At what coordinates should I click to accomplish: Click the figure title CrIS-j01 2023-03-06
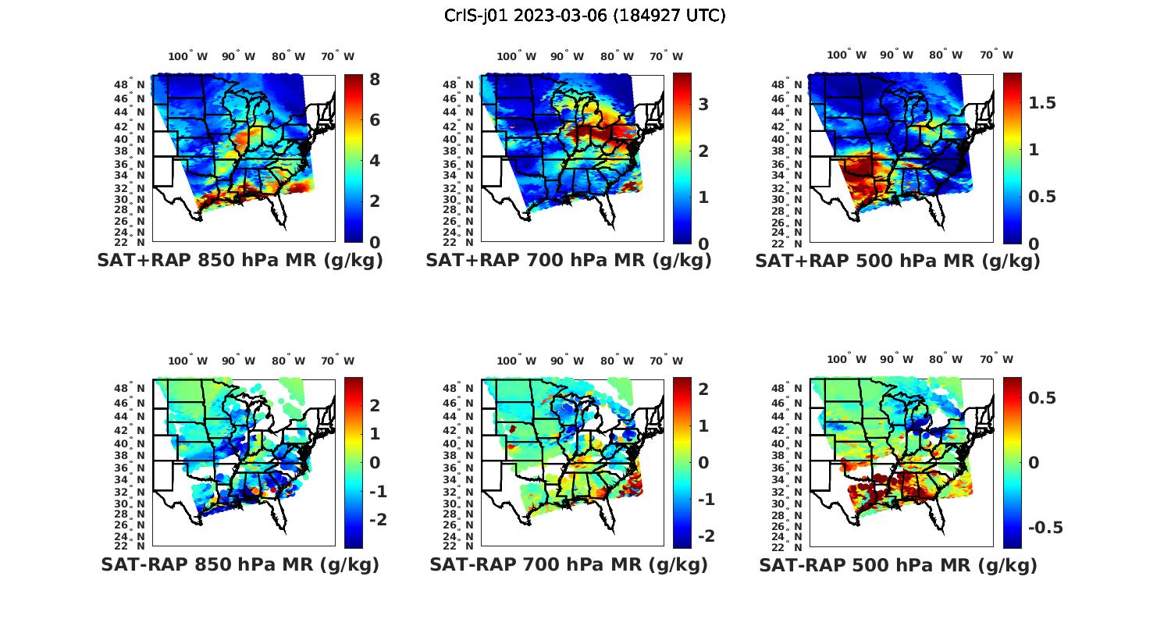coord(585,16)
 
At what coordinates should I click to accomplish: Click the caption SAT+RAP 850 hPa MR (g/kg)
coord(240,261)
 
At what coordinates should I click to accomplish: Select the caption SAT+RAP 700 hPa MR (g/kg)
coord(568,261)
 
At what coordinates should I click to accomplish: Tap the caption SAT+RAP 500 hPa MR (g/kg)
coord(898,262)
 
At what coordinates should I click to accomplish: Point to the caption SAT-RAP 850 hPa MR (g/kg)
coord(240,564)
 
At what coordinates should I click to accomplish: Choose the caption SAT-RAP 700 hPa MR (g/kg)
coord(568,564)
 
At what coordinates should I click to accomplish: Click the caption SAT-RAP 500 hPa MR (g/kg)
coord(898,565)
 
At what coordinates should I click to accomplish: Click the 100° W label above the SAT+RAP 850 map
coord(188,56)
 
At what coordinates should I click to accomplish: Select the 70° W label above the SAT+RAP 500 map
coord(997,55)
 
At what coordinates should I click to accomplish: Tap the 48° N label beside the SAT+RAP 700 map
coord(458,85)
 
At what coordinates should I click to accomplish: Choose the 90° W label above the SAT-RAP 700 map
coord(567,361)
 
